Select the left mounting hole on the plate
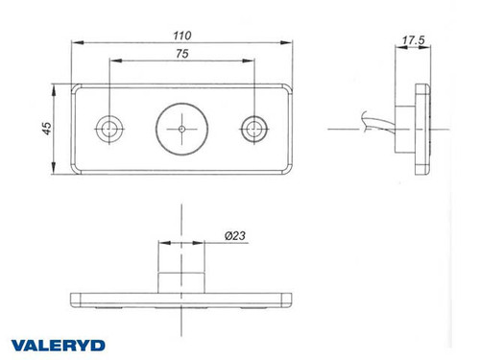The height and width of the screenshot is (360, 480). pos(109,127)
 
